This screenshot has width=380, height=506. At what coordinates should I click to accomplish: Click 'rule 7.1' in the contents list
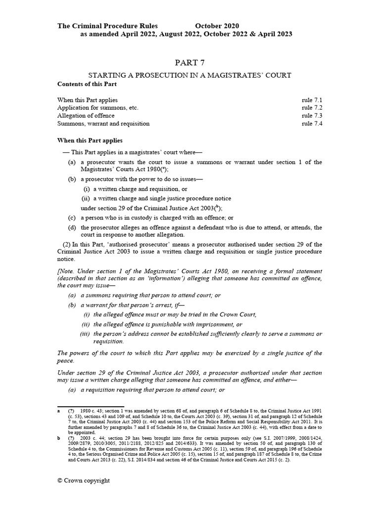coord(312,100)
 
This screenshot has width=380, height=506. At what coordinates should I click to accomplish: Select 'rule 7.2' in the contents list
coord(312,108)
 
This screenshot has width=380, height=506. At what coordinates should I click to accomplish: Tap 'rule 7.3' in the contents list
coord(312,116)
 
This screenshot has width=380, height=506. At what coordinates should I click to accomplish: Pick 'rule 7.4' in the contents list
coord(312,124)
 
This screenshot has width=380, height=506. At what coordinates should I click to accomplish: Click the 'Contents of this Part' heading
coord(86,84)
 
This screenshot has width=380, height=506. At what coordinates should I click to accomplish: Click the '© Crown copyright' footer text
coord(84,480)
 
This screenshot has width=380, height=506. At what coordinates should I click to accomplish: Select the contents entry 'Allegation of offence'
coord(86,116)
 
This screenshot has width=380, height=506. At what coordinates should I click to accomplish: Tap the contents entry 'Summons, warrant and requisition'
coord(103,124)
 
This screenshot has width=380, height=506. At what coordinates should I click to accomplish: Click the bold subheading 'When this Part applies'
coord(90,140)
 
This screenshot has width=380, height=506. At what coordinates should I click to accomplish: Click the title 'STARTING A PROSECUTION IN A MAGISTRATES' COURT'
coord(190,75)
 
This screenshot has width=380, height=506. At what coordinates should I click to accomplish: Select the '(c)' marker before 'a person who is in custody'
coord(72,217)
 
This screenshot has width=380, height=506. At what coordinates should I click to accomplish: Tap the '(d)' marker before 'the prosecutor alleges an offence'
coord(72,227)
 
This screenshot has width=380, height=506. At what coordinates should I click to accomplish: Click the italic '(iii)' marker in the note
coord(85,334)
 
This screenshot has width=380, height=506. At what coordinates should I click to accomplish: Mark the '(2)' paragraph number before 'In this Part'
coord(66,245)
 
